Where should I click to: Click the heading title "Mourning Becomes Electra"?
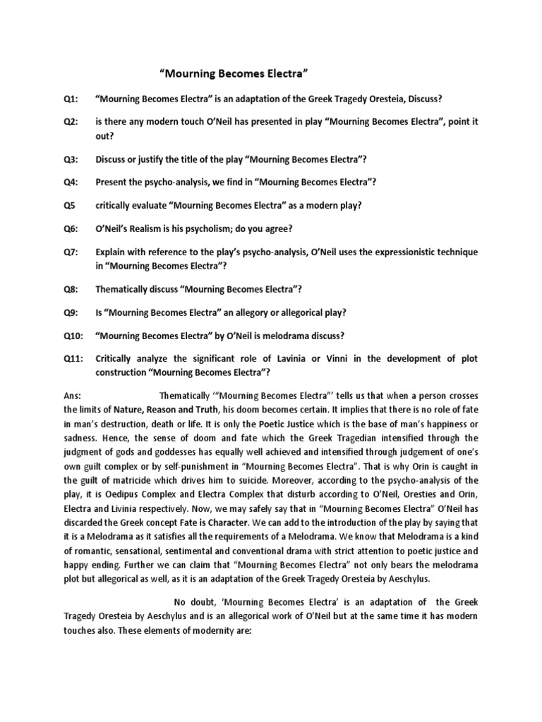coord(232,73)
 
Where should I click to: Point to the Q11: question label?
coord(73,359)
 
